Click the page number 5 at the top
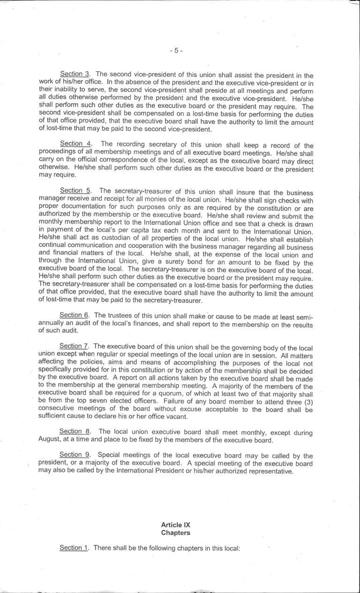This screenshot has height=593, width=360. coord(175,51)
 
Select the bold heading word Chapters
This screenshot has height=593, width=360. coord(175,533)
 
